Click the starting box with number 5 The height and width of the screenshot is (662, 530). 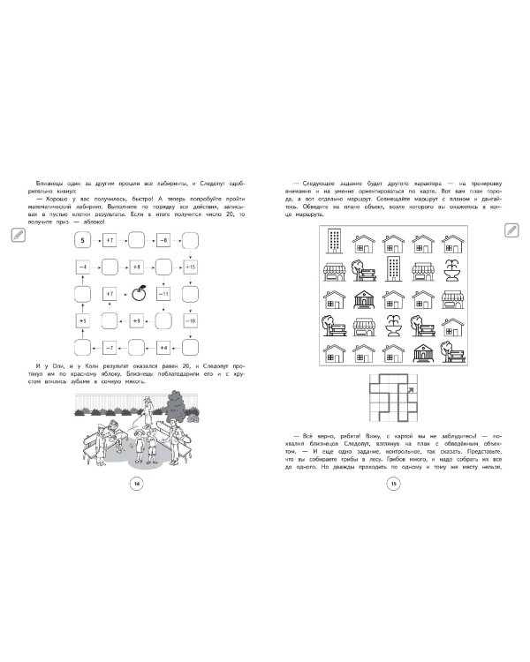[82, 239]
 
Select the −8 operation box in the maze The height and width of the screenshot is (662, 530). [164, 239]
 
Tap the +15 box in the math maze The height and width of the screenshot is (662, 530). [192, 266]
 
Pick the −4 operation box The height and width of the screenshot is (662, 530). [82, 266]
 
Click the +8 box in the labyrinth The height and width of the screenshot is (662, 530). [137, 266]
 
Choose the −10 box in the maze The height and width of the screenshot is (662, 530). [192, 320]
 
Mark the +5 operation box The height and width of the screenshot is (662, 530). [82, 320]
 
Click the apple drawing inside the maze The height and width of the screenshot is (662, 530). [137, 294]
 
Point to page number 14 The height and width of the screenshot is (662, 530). [135, 483]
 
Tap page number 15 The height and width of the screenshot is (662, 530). [394, 483]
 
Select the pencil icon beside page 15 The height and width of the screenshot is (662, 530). [512, 229]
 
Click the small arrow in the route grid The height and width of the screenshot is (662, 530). [409, 380]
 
